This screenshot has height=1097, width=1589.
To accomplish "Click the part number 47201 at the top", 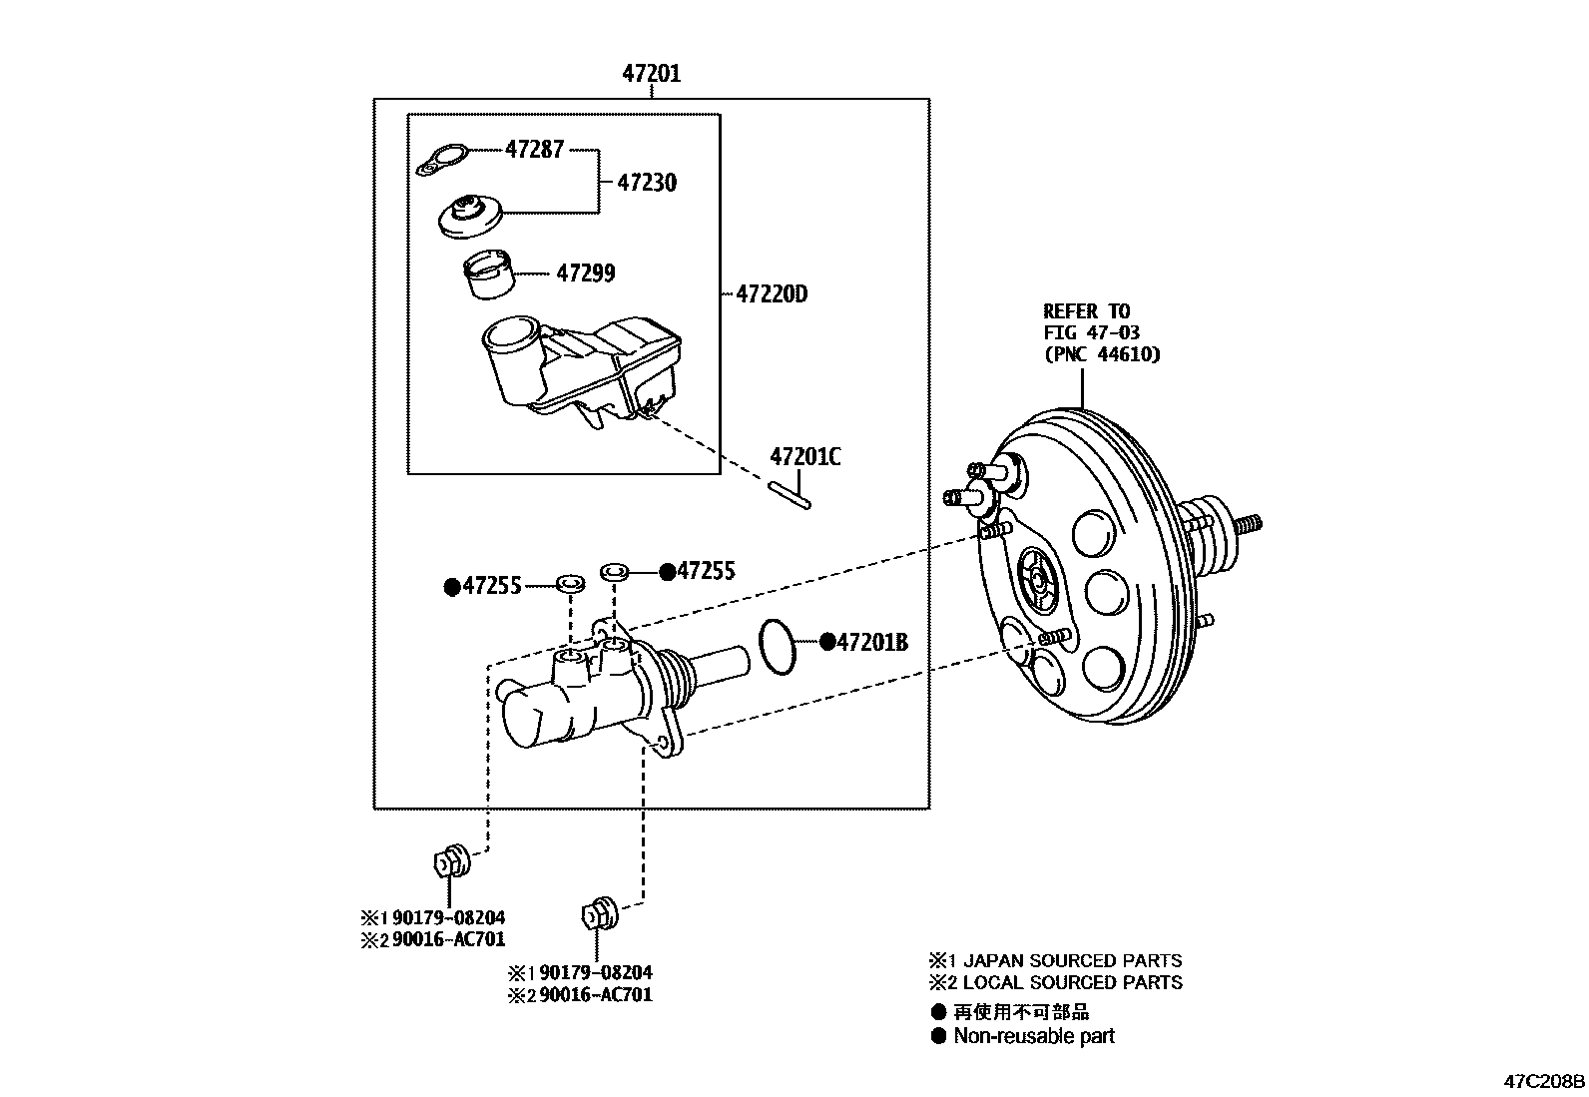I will tap(651, 73).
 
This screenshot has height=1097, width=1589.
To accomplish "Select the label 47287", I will tap(534, 150).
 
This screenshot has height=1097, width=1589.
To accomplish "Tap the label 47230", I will tap(646, 183).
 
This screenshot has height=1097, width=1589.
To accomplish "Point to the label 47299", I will tap(585, 273).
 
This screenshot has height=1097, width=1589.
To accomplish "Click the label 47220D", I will tap(771, 294).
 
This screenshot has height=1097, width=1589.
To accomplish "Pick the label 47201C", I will tap(804, 457).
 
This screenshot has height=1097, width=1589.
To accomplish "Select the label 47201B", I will tap(871, 643).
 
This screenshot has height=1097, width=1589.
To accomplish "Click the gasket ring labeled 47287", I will tap(443, 159).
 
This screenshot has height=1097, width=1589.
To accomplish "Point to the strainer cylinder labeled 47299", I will tap(489, 275).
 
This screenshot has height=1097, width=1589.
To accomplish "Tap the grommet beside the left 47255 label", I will tap(570, 582).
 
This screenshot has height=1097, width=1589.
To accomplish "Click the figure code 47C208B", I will tap(1544, 1081).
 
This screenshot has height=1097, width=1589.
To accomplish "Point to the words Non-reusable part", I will tap(1033, 1036).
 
